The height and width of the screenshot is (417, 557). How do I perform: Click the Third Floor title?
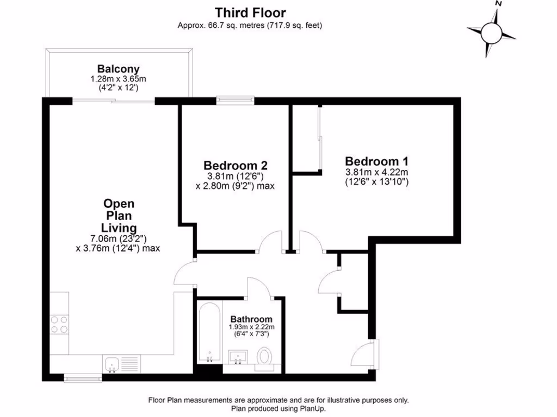click(250, 12)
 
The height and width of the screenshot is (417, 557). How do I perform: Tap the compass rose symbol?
click(492, 32)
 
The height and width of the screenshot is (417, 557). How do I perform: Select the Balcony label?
click(119, 69)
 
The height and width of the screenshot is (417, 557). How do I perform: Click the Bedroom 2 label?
click(235, 165)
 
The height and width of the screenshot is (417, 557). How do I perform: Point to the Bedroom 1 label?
click(376, 161)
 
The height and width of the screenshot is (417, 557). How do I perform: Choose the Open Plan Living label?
click(119, 216)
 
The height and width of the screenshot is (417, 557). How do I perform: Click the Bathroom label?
click(251, 319)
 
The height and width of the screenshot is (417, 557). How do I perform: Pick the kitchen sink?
click(112, 364)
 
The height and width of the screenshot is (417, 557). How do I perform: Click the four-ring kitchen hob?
click(59, 324)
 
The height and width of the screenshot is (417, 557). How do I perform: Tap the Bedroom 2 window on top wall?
click(235, 100)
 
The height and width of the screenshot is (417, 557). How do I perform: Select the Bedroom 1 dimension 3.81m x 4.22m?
click(376, 173)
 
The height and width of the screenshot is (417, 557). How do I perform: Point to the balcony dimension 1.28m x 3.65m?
click(119, 79)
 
